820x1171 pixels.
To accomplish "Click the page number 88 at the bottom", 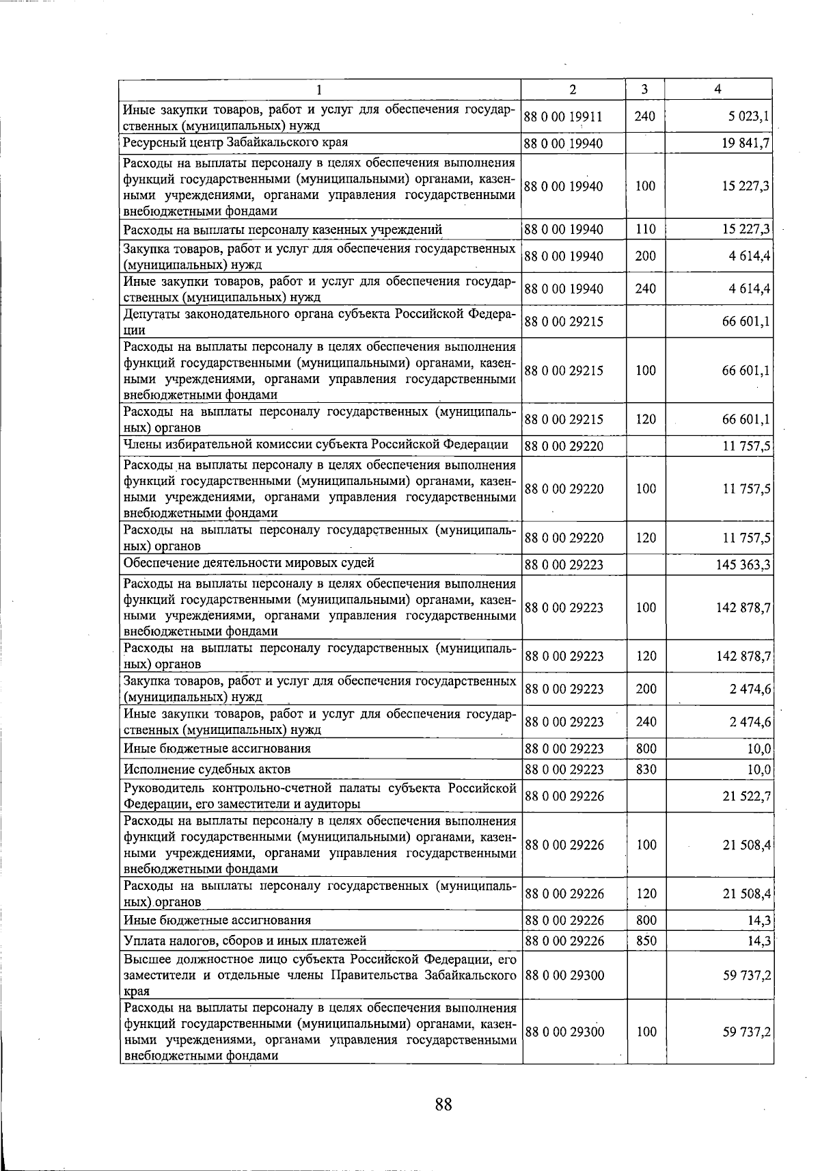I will coord(443,1104).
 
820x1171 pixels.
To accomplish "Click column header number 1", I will coord(319,89).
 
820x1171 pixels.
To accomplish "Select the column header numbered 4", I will coord(717,89).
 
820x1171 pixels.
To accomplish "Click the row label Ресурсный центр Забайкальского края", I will coord(235,142).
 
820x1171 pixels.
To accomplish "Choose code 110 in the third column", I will coord(645,229).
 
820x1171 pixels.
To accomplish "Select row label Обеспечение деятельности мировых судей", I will coord(249,563).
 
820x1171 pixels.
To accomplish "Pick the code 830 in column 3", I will coord(645,769).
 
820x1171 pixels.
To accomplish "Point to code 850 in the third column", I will coord(645,940).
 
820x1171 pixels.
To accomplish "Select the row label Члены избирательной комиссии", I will coord(315,445).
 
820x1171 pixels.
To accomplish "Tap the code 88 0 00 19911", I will coord(564,117).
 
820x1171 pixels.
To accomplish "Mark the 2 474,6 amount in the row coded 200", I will coord(750,689).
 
